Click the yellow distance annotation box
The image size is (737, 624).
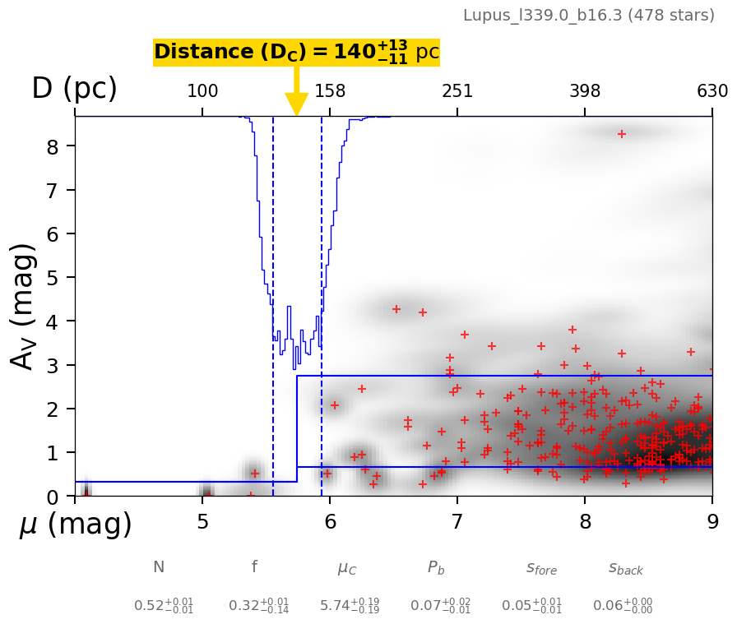point(296,52)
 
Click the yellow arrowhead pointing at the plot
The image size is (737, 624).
point(296,104)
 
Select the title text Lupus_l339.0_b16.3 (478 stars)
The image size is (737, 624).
point(588,16)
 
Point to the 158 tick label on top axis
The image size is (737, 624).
point(330,91)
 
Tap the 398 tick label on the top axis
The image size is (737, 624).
point(585,91)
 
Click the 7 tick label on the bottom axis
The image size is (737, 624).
point(457,523)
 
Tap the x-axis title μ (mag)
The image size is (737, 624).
point(76,525)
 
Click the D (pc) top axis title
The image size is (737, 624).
point(74,89)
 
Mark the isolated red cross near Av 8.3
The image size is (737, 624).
point(622,134)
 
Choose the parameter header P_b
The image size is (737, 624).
point(437,567)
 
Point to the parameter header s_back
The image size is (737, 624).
point(625,568)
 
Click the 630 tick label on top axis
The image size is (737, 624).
point(712,91)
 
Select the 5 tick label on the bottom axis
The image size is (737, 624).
point(202,523)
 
